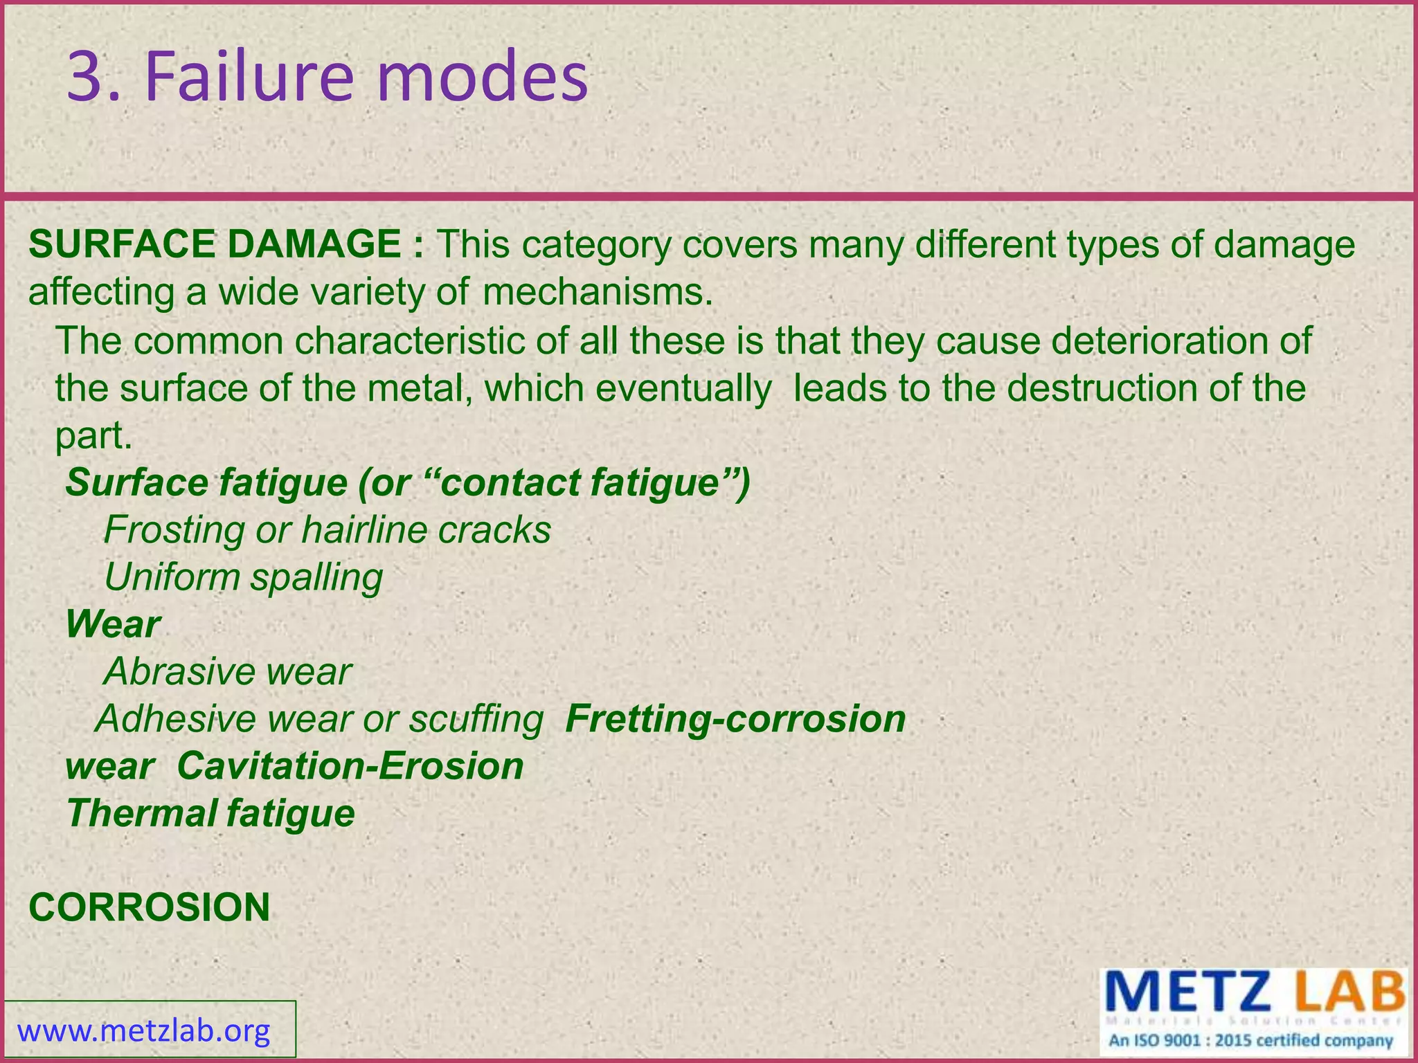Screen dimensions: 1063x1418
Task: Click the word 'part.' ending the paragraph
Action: click(x=93, y=436)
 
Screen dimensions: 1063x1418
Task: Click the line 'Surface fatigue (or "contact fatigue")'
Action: click(x=408, y=482)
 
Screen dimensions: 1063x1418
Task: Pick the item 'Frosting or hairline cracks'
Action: click(x=327, y=530)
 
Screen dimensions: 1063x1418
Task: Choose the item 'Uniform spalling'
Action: click(x=243, y=577)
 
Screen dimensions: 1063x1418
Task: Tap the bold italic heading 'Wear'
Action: click(x=113, y=624)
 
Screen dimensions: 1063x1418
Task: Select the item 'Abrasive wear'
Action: click(x=228, y=671)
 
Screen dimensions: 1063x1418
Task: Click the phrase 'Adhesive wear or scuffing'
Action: click(x=319, y=719)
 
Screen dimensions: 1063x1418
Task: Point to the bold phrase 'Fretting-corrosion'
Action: click(x=735, y=719)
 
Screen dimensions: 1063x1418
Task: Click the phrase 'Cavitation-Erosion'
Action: click(x=350, y=766)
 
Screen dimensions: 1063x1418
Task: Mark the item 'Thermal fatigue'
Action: click(x=210, y=813)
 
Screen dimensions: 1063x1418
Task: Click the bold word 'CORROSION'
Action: click(x=149, y=907)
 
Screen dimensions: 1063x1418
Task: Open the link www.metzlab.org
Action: click(x=143, y=1031)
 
